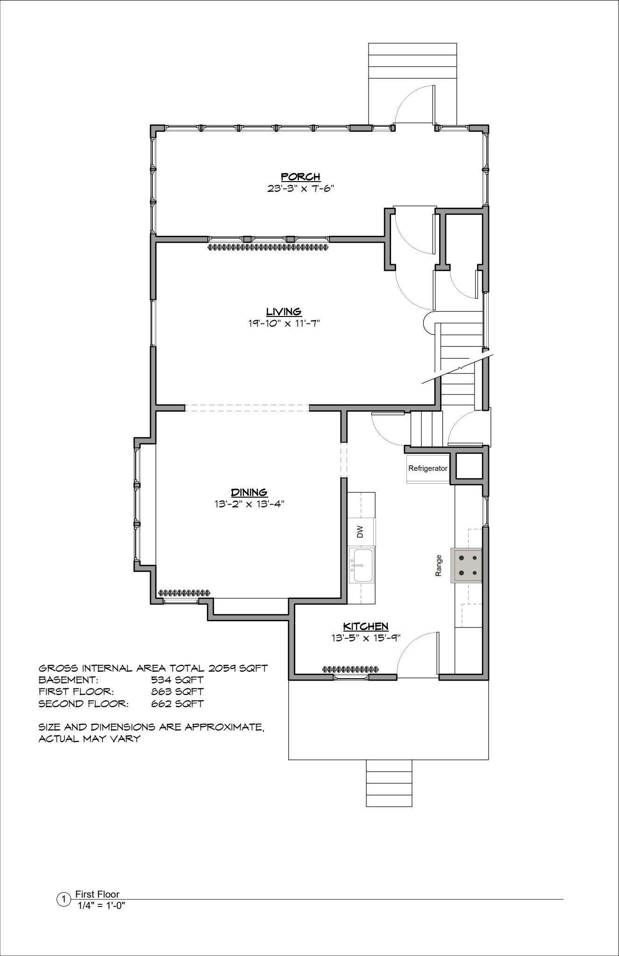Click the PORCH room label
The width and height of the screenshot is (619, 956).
[300, 176]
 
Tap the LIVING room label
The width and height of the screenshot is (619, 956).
[284, 311]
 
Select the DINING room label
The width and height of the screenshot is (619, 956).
[249, 492]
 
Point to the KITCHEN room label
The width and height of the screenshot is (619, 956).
[366, 626]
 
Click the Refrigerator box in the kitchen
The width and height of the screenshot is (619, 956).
[428, 468]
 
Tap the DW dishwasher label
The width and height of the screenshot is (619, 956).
[360, 532]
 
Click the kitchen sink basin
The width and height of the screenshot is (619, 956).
[363, 565]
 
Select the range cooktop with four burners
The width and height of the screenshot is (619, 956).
[466, 565]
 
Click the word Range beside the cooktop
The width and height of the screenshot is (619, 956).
[439, 565]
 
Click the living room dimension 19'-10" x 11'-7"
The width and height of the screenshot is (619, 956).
[284, 323]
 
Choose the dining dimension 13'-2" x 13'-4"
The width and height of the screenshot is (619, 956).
[247, 504]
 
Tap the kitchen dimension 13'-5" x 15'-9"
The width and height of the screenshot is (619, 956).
[366, 638]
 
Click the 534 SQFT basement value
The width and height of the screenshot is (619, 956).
[177, 680]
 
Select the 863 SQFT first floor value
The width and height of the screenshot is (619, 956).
[177, 691]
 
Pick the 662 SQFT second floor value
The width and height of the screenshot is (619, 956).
[177, 703]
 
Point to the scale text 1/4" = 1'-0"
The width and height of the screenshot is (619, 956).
[102, 906]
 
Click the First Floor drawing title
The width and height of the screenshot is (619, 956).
[97, 894]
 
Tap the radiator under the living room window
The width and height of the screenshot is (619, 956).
[268, 247]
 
